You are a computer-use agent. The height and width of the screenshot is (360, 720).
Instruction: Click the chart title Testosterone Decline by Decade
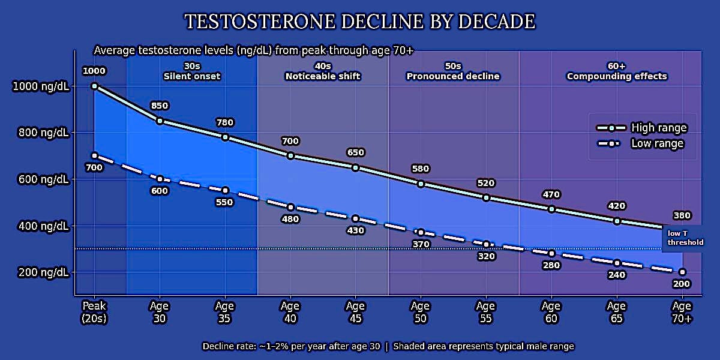click(x=359, y=22)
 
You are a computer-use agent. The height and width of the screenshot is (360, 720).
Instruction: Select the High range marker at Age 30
click(x=160, y=121)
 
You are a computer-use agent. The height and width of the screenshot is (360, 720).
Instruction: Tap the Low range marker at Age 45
click(x=356, y=218)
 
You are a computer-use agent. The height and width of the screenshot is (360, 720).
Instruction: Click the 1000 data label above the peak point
click(x=94, y=71)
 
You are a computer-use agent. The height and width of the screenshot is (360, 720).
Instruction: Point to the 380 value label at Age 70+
click(x=682, y=215)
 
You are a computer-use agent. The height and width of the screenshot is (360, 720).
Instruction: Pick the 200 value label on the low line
click(x=682, y=284)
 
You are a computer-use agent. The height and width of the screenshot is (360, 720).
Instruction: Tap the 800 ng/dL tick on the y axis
click(x=40, y=133)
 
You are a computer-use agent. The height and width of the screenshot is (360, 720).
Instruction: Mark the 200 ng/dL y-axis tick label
click(x=40, y=272)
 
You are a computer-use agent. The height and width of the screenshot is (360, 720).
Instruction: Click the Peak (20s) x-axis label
click(x=94, y=313)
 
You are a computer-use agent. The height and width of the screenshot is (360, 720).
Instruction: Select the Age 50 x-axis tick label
click(x=421, y=313)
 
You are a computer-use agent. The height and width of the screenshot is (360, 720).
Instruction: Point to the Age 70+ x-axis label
click(x=682, y=313)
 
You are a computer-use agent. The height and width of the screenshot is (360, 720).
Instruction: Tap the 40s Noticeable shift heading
click(x=323, y=71)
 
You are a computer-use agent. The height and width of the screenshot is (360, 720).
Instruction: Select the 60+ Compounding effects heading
click(x=617, y=71)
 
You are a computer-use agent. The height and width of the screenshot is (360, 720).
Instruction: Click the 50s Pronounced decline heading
click(x=453, y=71)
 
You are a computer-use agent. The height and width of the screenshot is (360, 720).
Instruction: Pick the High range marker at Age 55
click(x=486, y=197)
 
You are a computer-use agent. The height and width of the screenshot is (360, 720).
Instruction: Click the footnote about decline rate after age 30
click(x=388, y=346)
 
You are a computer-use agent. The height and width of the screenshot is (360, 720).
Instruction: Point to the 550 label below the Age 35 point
click(x=225, y=202)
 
